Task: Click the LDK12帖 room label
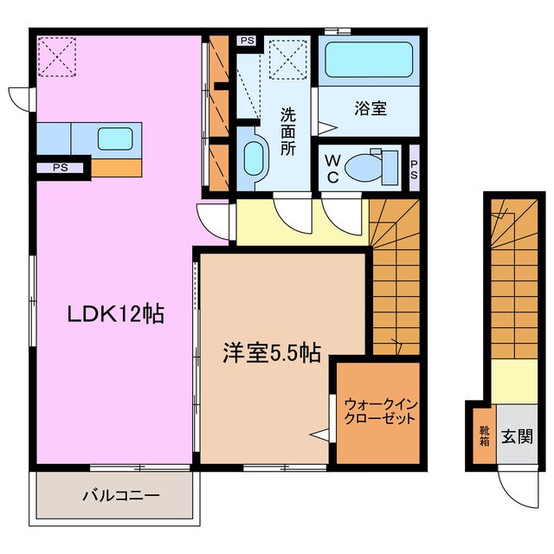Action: point(116,315)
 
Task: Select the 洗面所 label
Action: point(288,130)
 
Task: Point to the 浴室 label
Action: point(370,110)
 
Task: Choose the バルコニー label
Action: point(121,496)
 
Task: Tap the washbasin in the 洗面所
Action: point(252,158)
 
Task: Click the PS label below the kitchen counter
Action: point(61,168)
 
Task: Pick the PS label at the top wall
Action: point(248,40)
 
